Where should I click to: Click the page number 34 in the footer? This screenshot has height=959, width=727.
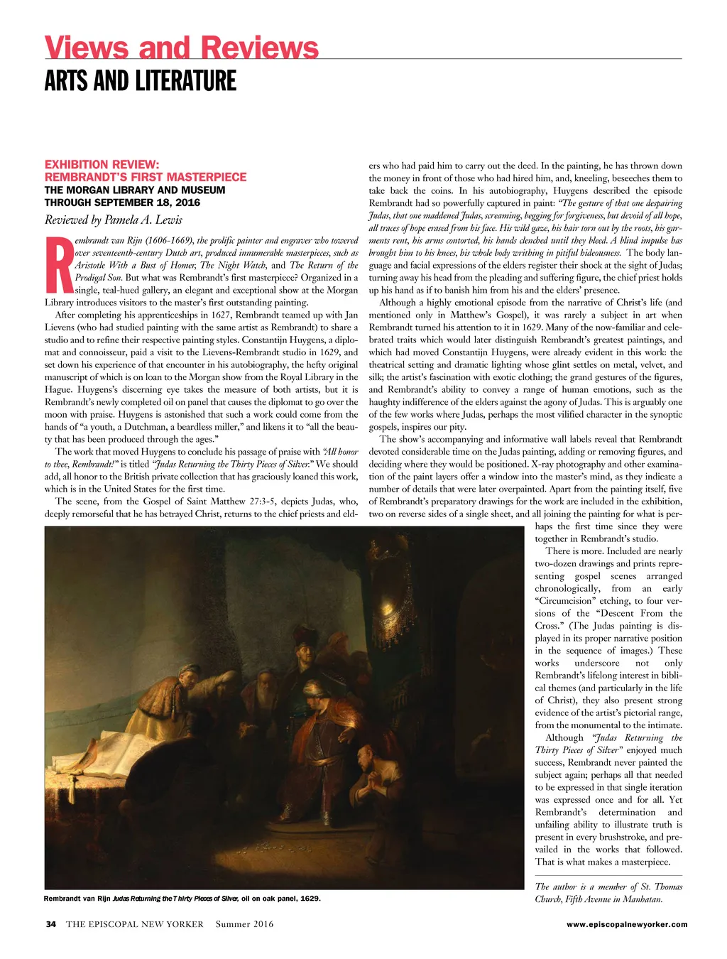[50, 924]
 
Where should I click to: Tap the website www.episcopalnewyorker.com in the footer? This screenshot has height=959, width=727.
[627, 924]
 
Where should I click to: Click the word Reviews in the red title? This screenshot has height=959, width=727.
[260, 48]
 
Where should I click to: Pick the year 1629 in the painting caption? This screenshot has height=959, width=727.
[310, 899]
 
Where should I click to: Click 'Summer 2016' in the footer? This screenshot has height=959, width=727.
[244, 924]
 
